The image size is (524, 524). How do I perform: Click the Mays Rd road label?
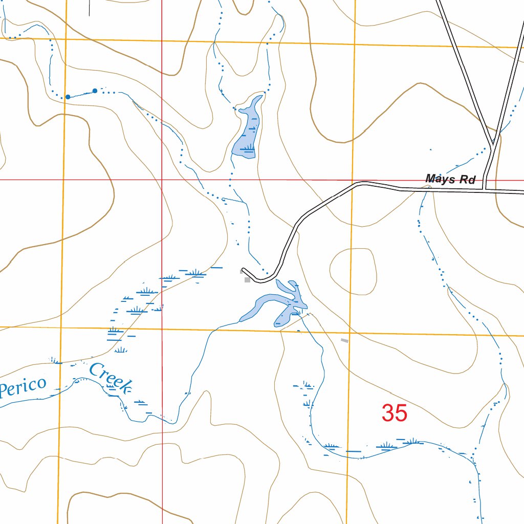point(450,179)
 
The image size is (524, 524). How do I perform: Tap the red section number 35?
point(394,413)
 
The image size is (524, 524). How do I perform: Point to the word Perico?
point(23,386)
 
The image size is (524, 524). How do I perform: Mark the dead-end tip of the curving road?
point(244,269)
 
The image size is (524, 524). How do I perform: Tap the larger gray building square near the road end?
point(248,279)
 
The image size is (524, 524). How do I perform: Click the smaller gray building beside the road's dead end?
point(242,272)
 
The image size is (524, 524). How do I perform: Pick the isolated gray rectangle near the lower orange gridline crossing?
point(345,340)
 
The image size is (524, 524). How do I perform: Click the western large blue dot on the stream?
point(68,97)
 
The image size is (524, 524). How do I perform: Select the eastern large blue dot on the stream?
point(95,91)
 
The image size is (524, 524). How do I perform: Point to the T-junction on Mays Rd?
point(485,190)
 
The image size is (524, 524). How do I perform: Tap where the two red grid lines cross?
point(162,180)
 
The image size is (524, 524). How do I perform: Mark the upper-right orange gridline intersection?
point(354,44)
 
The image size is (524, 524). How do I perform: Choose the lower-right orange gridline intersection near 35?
point(350,332)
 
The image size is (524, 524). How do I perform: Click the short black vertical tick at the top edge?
point(90,8)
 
